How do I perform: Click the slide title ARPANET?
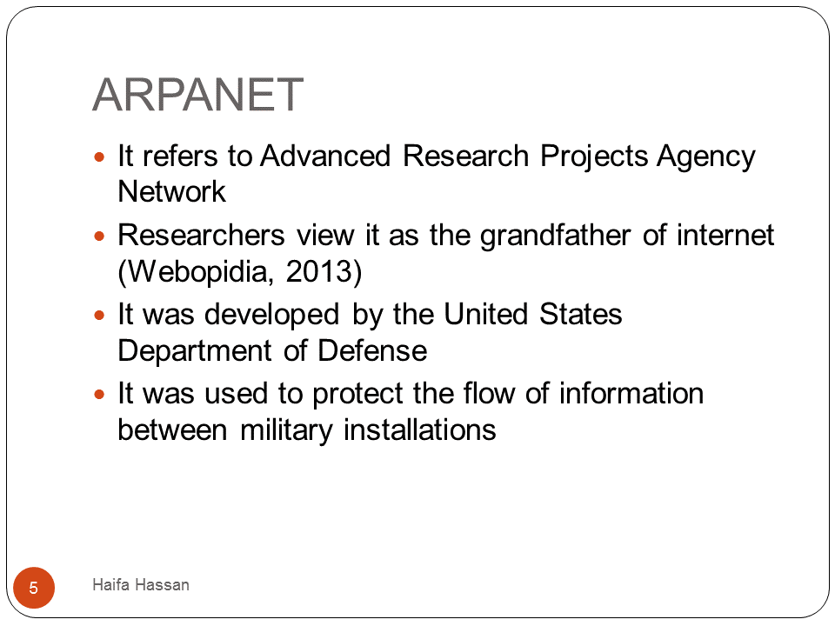(198, 95)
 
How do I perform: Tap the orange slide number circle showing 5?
(34, 588)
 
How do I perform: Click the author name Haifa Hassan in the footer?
(141, 584)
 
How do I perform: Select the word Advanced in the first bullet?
(325, 156)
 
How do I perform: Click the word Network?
(171, 191)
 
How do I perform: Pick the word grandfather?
(556, 236)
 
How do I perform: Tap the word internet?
(725, 236)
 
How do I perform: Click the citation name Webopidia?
(200, 271)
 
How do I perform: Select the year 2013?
(319, 271)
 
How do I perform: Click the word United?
(485, 314)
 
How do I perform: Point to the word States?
(580, 314)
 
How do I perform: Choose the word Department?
(195, 351)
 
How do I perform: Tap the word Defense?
(372, 350)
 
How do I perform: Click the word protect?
(357, 395)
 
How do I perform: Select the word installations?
(419, 430)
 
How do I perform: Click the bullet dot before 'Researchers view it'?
(99, 236)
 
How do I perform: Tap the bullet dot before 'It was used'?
(99, 395)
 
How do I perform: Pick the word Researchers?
(201, 236)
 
